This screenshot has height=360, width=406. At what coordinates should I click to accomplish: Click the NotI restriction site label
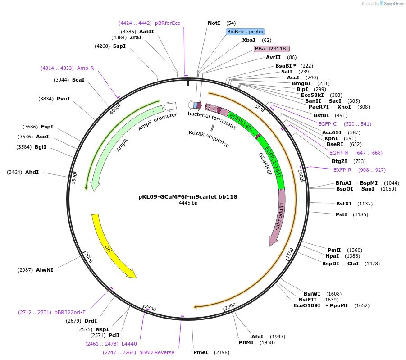[x=214, y=23]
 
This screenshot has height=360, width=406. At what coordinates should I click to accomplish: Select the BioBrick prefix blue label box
[x=245, y=32]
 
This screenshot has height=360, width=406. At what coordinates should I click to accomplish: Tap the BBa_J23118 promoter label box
[x=272, y=49]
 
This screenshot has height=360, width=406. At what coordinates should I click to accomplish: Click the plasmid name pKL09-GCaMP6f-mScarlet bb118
[x=188, y=196]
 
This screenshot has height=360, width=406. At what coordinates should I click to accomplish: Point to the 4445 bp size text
[x=188, y=203]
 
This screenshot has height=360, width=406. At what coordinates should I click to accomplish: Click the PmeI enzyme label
[x=201, y=352]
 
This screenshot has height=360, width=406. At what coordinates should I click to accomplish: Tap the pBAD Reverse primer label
[x=157, y=352]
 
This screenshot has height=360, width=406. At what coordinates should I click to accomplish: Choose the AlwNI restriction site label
[x=45, y=270]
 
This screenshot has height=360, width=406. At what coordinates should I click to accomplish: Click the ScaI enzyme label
[x=78, y=80]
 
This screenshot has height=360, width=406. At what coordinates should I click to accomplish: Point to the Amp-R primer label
[x=85, y=68]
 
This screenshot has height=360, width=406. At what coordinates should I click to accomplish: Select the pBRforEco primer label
[x=168, y=23]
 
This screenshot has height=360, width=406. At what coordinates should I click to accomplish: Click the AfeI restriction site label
[x=257, y=337]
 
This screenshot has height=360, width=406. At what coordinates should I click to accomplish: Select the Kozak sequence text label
[x=209, y=139]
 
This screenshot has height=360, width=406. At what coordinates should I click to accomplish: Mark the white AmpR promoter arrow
[x=169, y=106]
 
